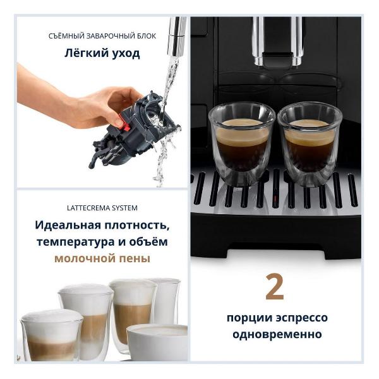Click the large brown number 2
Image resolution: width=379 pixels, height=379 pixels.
[x=275, y=287]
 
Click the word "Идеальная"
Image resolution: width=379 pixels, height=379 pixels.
[x=68, y=226]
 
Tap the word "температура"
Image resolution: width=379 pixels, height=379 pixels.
[x=76, y=242]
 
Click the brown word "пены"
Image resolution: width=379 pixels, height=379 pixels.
[x=135, y=258]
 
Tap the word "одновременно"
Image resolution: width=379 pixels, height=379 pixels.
[x=277, y=335]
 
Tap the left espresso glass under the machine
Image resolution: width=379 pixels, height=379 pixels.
[x=242, y=144]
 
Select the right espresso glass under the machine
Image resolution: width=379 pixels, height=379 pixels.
[x=310, y=144]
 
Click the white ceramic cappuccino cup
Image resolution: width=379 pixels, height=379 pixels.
[x=157, y=342]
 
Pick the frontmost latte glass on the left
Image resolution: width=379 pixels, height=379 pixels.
[x=52, y=335]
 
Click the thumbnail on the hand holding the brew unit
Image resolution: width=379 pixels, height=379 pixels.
[x=119, y=122]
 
